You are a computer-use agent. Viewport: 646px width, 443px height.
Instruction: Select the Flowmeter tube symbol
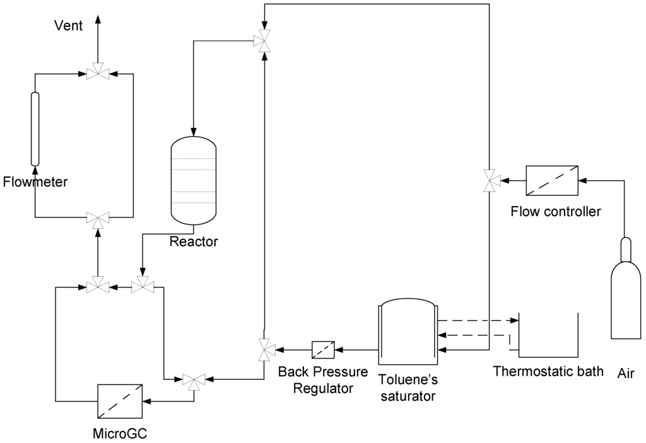point(35,129)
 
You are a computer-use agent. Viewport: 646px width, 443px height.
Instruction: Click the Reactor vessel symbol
point(194,182)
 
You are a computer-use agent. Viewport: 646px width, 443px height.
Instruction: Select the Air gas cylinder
point(625,296)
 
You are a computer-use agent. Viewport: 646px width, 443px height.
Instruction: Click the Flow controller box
point(552,181)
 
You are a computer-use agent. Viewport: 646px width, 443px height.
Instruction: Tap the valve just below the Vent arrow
point(98,74)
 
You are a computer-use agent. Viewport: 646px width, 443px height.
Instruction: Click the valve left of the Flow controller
point(489,181)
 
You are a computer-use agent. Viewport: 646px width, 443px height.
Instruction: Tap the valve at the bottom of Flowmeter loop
point(98,218)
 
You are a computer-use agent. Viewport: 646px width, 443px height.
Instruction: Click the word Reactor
point(193,241)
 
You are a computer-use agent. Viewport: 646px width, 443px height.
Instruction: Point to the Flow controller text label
point(555,211)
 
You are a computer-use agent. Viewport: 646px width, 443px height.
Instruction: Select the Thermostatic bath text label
point(548,370)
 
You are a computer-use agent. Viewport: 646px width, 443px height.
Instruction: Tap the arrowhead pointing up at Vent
point(98,19)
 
